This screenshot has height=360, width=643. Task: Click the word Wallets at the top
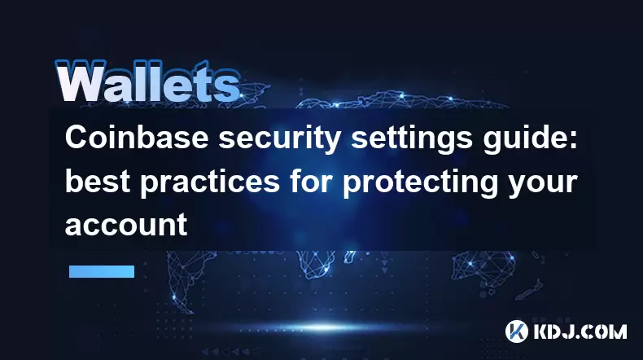point(147,81)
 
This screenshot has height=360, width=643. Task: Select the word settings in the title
point(412,139)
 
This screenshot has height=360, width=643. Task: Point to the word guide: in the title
point(530,139)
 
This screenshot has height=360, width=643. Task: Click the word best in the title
point(98,182)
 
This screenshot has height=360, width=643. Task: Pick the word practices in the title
point(210,183)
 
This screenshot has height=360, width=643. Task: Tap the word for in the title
point(311,181)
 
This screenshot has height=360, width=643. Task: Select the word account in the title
point(126,225)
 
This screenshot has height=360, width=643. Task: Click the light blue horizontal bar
point(102,271)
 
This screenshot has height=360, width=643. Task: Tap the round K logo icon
point(516,331)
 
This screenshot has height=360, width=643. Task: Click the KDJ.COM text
point(580,331)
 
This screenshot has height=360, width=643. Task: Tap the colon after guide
point(574,139)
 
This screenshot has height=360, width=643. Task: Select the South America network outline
point(184,279)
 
